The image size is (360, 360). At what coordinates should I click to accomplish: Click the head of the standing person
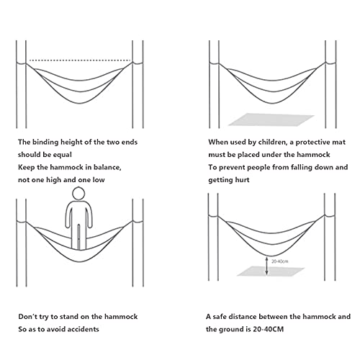pyautogui.click(x=78, y=194)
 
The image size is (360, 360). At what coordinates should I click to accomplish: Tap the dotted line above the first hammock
pyautogui.click(x=80, y=60)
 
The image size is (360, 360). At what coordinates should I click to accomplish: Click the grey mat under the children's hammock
pyautogui.click(x=271, y=120)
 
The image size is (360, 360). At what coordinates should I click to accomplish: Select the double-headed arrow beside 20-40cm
pyautogui.click(x=266, y=266)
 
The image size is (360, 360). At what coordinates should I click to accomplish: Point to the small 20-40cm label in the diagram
pyautogui.click(x=279, y=261)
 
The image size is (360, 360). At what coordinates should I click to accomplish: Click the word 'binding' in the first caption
pyautogui.click(x=45, y=143)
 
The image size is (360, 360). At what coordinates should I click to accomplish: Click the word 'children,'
pyautogui.click(x=272, y=143)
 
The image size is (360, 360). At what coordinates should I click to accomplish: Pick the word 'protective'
pyautogui.click(x=312, y=143)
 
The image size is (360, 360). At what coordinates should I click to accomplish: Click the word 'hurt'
pyautogui.click(x=242, y=180)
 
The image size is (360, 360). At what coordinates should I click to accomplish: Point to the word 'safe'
pyautogui.click(x=219, y=317)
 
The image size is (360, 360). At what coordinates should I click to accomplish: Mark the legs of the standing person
pyautogui.click(x=78, y=237)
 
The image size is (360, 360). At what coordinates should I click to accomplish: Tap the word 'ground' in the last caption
pyautogui.click(x=230, y=329)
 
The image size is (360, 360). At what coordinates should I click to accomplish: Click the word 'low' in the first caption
pyautogui.click(x=99, y=180)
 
